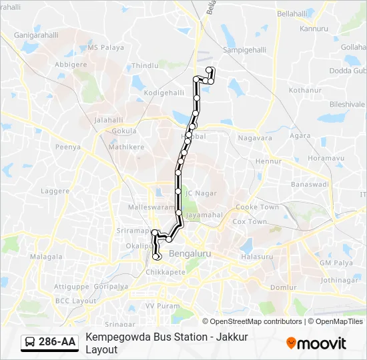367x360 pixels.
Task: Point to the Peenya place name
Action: [68, 147]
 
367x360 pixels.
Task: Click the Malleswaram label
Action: [150, 208]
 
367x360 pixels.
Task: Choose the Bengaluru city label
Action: [190, 254]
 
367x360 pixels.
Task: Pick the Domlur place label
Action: [284, 287]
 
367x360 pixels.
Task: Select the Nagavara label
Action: [256, 139]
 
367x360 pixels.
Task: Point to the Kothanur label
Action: [306, 91]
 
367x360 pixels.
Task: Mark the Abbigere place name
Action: [70, 65]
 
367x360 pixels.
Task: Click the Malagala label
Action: [46, 257]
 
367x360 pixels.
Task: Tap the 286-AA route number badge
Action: [57, 342]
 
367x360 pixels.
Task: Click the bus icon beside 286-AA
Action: [30, 342]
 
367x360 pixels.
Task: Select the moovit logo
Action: [316, 343]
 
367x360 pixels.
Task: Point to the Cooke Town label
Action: [257, 207]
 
